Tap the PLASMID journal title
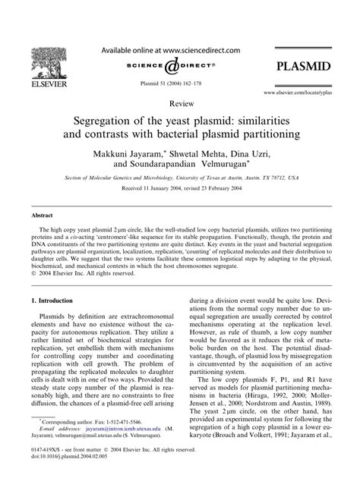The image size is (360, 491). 303,67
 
